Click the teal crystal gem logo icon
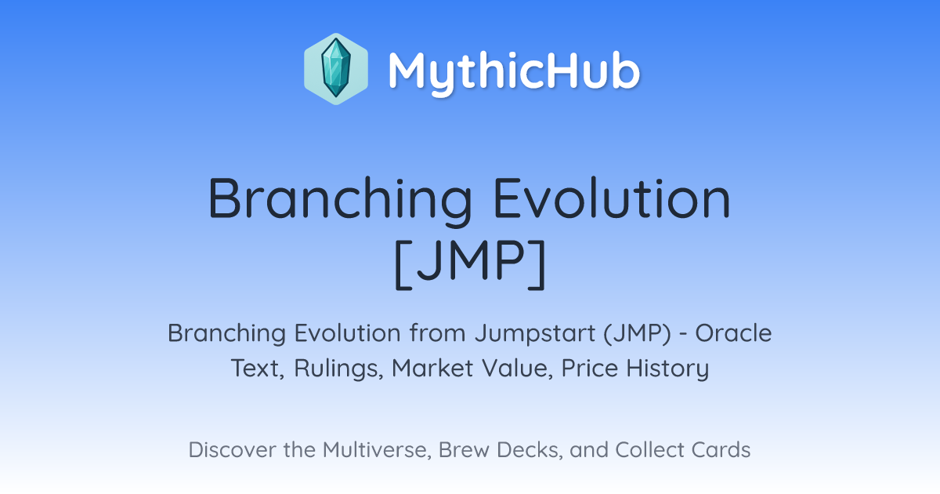(x=336, y=69)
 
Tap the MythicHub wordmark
(x=514, y=72)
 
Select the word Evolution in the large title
(x=613, y=198)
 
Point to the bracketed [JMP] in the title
(x=470, y=265)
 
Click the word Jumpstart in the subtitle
(x=535, y=334)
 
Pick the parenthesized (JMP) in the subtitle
(x=638, y=333)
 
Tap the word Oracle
(x=733, y=333)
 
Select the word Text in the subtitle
(x=258, y=369)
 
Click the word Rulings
(x=338, y=369)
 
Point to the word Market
(x=432, y=368)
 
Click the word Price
(x=589, y=368)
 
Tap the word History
(x=667, y=369)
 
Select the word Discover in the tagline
(x=232, y=449)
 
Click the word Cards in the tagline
(x=721, y=449)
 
